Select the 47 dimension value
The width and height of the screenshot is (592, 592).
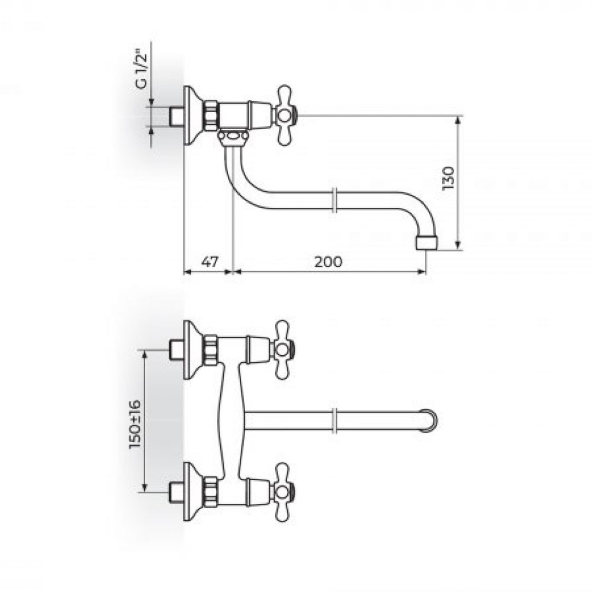pyautogui.click(x=209, y=262)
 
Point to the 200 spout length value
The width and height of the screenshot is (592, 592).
pyautogui.click(x=328, y=262)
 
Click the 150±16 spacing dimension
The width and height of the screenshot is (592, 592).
pyautogui.click(x=135, y=424)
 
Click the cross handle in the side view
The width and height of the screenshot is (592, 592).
pyautogui.click(x=286, y=115)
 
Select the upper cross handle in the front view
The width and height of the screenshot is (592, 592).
pyautogui.click(x=283, y=350)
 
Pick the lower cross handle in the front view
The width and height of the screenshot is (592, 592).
pyautogui.click(x=283, y=492)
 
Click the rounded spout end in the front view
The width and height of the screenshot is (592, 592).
pyautogui.click(x=430, y=420)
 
